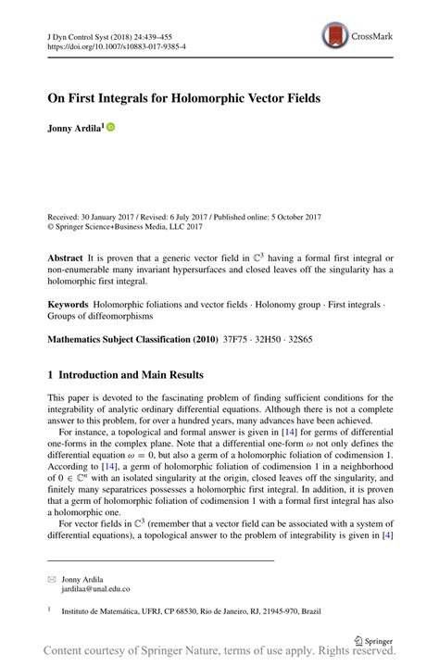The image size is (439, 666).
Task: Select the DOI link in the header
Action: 111,44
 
